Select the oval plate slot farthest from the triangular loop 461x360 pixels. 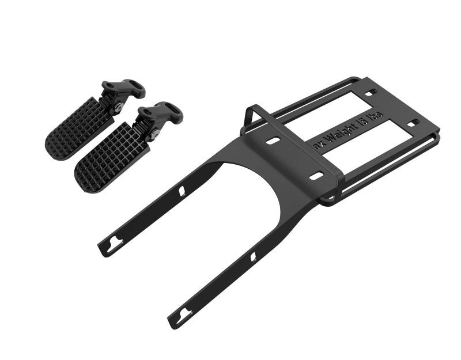click(x=316, y=176)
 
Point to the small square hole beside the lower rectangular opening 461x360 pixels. click(x=412, y=123)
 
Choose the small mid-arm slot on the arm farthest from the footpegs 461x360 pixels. click(x=253, y=256)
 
